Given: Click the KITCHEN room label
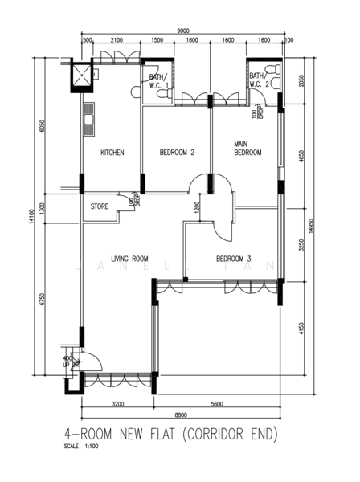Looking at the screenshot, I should tap(112, 153).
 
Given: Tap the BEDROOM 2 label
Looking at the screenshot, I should tap(177, 153).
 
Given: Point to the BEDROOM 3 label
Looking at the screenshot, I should tap(234, 259).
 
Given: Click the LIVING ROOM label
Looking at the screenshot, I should tap(130, 259).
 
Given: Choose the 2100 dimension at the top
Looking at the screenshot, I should tap(117, 40).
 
